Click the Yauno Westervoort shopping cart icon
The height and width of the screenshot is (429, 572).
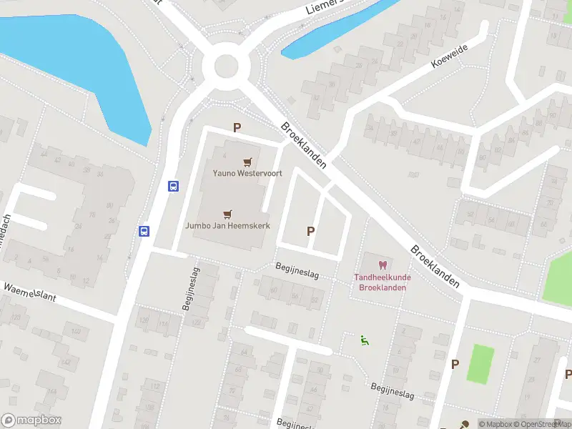click(247, 162)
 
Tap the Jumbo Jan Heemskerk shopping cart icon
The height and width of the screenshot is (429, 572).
click(227, 213)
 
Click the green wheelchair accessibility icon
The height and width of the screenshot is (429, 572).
click(365, 340)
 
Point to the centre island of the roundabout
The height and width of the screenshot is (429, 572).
click(226, 66)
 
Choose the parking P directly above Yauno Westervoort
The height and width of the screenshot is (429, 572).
click(237, 128)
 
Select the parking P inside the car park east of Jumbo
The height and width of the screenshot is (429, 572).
click(310, 231)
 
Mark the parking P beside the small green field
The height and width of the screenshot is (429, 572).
click(454, 365)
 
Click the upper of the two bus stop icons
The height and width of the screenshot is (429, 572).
click(173, 186)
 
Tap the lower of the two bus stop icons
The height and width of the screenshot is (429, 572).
click(144, 230)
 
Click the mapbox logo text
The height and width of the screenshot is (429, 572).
click(32, 420)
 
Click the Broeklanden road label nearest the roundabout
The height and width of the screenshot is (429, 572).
click(304, 145)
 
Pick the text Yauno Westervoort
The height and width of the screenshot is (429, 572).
click(247, 173)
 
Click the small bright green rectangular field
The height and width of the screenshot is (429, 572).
click(481, 363)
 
